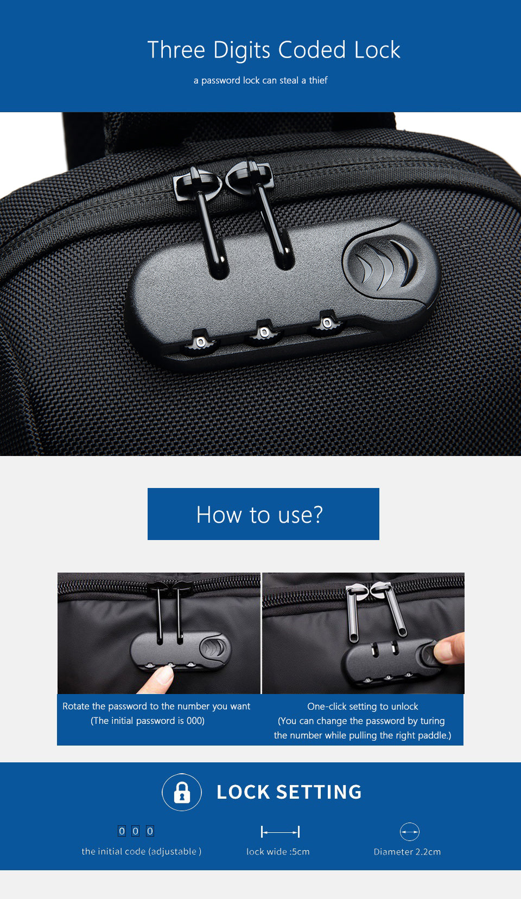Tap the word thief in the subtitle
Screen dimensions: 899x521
coord(319,80)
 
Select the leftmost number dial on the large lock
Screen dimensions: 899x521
coord(200,342)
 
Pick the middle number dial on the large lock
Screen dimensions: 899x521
coord(263,331)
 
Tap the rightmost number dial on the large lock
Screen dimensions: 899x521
coord(326,323)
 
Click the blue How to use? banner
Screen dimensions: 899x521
coord(263,514)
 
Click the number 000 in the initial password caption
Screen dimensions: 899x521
coord(195,721)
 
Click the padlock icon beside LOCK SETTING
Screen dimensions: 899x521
coord(182,792)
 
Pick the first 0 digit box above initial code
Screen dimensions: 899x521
coord(122,831)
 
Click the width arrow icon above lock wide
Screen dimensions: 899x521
coord(280,832)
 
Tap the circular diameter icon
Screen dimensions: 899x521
coord(410,832)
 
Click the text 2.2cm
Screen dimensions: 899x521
coord(428,852)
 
